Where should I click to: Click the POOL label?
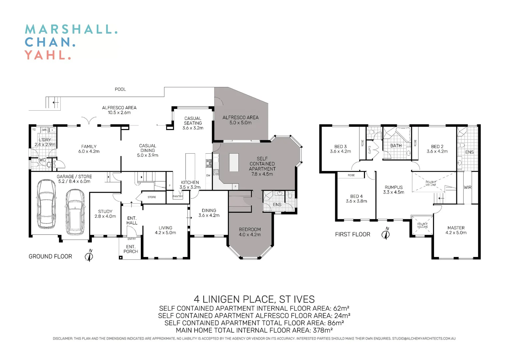click(x=120, y=89)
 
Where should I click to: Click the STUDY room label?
click(x=105, y=211)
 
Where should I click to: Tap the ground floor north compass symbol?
click(x=89, y=256)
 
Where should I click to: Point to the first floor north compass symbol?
click(x=386, y=234)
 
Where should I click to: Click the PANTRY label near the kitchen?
click(x=178, y=196)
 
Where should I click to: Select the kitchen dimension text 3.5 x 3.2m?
click(x=190, y=187)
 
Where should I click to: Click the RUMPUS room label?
click(x=394, y=187)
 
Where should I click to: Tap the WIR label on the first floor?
click(x=467, y=187)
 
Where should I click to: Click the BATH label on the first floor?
click(x=396, y=146)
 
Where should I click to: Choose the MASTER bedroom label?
click(x=456, y=228)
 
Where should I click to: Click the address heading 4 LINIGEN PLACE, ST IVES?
click(x=254, y=299)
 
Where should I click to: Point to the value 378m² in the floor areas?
click(x=323, y=330)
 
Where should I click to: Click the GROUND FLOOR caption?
click(x=50, y=256)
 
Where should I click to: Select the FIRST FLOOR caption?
click(x=353, y=234)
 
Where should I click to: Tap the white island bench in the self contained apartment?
click(x=234, y=162)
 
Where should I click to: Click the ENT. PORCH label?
click(x=130, y=249)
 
